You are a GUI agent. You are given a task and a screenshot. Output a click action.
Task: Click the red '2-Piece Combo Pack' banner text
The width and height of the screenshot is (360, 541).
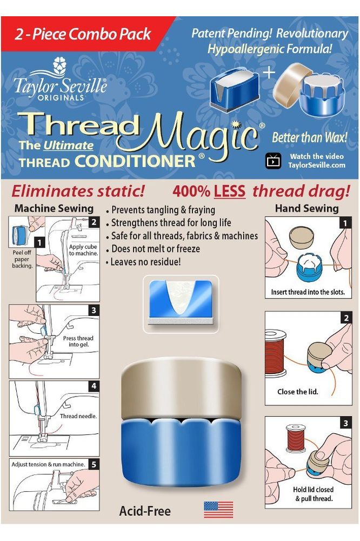point(83,34)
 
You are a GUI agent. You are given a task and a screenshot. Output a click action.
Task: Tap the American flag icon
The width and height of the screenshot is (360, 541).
point(218,510)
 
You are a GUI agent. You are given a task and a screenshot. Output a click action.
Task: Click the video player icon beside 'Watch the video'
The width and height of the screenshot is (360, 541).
point(274,161)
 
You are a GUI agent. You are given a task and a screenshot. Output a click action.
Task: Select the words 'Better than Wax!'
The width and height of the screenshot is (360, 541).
point(309,137)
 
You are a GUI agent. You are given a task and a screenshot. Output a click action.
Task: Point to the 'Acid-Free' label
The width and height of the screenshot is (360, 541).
point(145,511)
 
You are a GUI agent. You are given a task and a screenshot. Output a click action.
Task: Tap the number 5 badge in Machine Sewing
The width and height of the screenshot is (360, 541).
point(94,464)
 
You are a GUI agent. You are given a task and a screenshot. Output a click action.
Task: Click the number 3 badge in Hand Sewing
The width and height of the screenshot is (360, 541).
point(345,423)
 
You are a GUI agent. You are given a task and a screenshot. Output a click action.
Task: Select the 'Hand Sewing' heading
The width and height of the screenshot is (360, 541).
point(307,208)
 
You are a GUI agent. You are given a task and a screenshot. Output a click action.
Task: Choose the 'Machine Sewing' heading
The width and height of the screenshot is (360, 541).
point(54,208)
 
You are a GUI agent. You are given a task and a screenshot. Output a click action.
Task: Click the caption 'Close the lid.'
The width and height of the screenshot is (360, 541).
point(298,392)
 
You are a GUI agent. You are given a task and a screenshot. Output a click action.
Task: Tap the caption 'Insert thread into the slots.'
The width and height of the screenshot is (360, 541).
point(308,292)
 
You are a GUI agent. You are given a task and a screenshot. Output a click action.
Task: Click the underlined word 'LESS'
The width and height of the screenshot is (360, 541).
point(230,192)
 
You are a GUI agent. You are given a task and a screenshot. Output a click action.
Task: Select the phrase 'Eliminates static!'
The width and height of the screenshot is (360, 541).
point(78,191)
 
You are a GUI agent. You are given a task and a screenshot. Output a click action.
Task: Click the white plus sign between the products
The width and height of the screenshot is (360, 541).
point(269,73)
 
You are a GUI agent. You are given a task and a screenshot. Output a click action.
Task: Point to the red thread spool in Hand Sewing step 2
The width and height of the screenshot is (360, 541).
point(276,353)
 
